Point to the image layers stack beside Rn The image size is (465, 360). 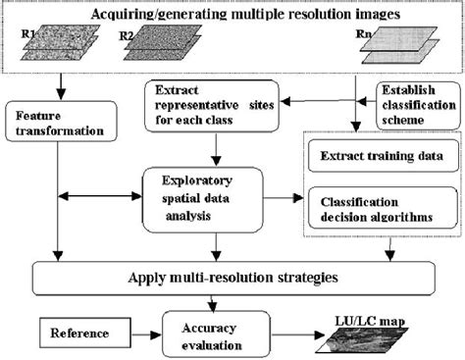tap(398, 46)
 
